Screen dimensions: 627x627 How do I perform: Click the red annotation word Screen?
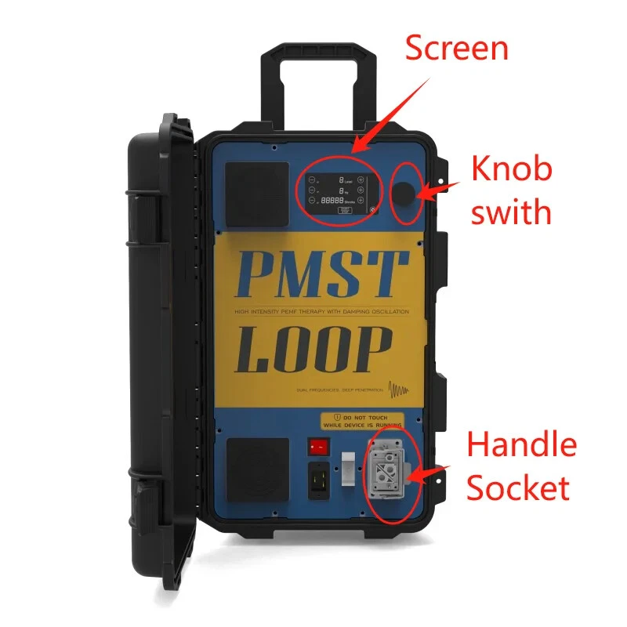coord(456,49)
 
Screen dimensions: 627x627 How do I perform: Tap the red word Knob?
coord(511,169)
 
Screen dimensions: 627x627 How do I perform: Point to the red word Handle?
coord(521,445)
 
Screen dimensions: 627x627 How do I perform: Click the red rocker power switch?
coord(317,447)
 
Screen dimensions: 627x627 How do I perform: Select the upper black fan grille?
coord(257,194)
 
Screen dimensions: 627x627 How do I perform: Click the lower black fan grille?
coord(257,464)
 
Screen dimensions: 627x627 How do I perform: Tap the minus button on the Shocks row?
coord(312,201)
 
